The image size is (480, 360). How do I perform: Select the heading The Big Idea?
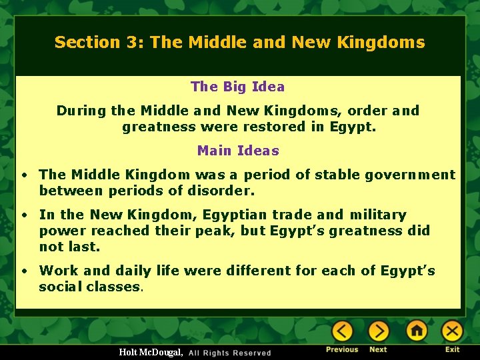point(237,87)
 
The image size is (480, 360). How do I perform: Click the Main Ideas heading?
point(238,151)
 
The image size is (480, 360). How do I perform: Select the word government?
point(413,175)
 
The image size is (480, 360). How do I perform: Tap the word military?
point(377,215)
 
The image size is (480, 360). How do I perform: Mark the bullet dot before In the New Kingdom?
point(23,215)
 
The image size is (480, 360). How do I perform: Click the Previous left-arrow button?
point(343,331)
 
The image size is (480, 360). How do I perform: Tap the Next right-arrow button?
point(379,331)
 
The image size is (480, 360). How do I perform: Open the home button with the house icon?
point(417,331)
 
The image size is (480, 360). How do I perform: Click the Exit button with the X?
point(453,331)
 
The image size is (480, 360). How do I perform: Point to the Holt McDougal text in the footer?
point(151,352)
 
